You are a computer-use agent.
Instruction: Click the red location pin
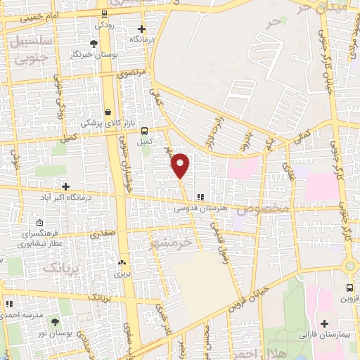[181, 165]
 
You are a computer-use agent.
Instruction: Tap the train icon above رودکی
[104, 14]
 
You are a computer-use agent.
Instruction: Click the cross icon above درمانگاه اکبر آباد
[66, 186]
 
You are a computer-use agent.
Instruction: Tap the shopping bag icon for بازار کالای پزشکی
[108, 112]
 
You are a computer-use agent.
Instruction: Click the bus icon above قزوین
[350, 288]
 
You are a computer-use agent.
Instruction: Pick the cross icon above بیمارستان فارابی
[323, 324]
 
